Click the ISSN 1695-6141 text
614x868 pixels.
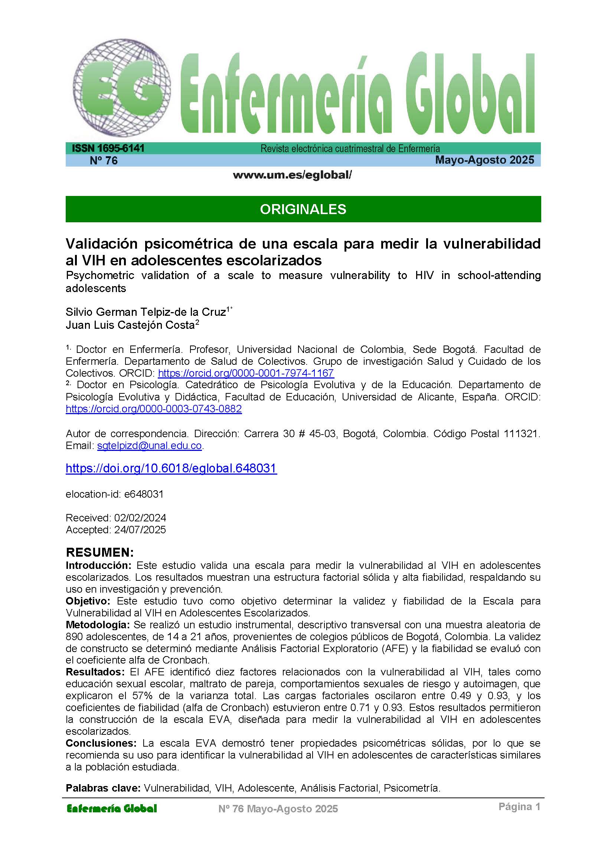(x=108, y=148)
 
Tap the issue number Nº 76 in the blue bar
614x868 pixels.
(x=104, y=161)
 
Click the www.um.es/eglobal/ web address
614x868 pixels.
(x=292, y=175)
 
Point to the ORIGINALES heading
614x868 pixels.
(x=303, y=209)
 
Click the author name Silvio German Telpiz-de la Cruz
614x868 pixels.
(x=146, y=312)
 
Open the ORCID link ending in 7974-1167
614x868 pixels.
(x=246, y=373)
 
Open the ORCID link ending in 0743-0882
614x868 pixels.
(x=154, y=409)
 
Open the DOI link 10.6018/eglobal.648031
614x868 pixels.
(x=171, y=468)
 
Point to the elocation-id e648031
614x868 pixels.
(x=115, y=494)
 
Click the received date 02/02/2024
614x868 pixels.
(x=140, y=518)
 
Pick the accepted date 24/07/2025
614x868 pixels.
(x=140, y=530)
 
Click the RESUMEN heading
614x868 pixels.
(x=100, y=552)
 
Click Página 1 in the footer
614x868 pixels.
(x=519, y=807)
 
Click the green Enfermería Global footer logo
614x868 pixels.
(x=111, y=809)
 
